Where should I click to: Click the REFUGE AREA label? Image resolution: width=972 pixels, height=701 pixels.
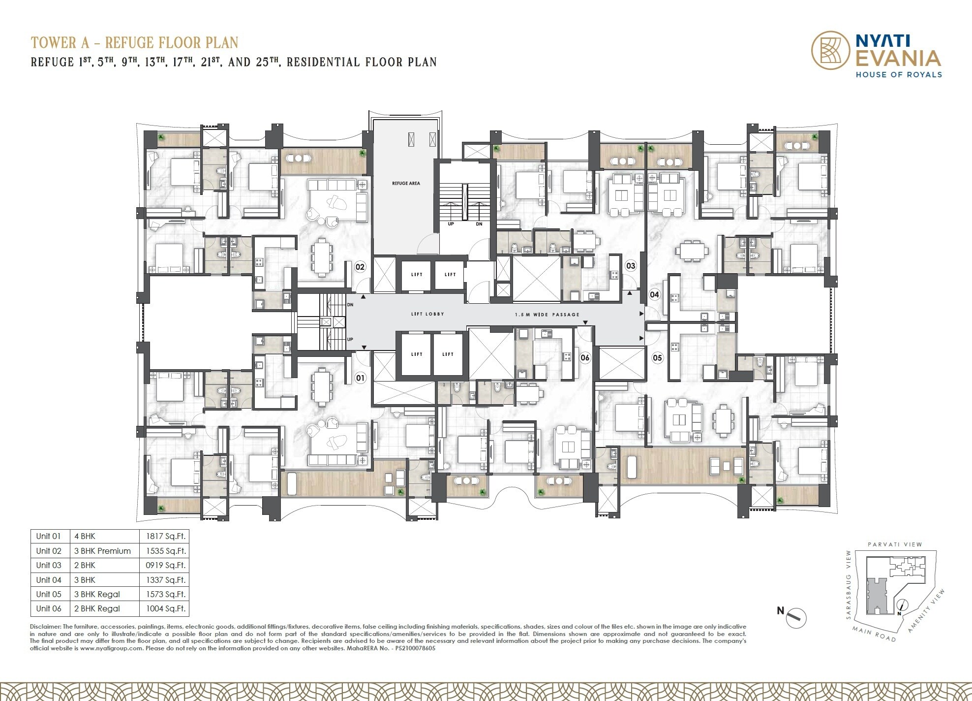tap(406, 183)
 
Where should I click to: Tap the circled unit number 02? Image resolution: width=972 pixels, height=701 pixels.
tap(360, 267)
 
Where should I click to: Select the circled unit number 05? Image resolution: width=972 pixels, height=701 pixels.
tap(657, 358)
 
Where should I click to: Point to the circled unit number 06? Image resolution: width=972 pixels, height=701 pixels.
tap(585, 358)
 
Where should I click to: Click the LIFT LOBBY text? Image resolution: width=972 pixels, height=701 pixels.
tap(427, 314)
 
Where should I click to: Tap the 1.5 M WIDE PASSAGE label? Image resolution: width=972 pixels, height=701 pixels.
tap(547, 315)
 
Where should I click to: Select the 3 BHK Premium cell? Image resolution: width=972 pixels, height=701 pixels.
tap(102, 551)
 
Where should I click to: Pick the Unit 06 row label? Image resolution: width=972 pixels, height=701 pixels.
tap(49, 608)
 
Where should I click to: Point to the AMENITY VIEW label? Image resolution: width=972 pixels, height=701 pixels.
tap(927, 610)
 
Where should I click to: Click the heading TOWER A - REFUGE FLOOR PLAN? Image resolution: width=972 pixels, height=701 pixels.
tap(134, 43)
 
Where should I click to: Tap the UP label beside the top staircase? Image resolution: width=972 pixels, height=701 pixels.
tap(451, 224)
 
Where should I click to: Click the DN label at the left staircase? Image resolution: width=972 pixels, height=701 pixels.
tap(350, 305)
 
